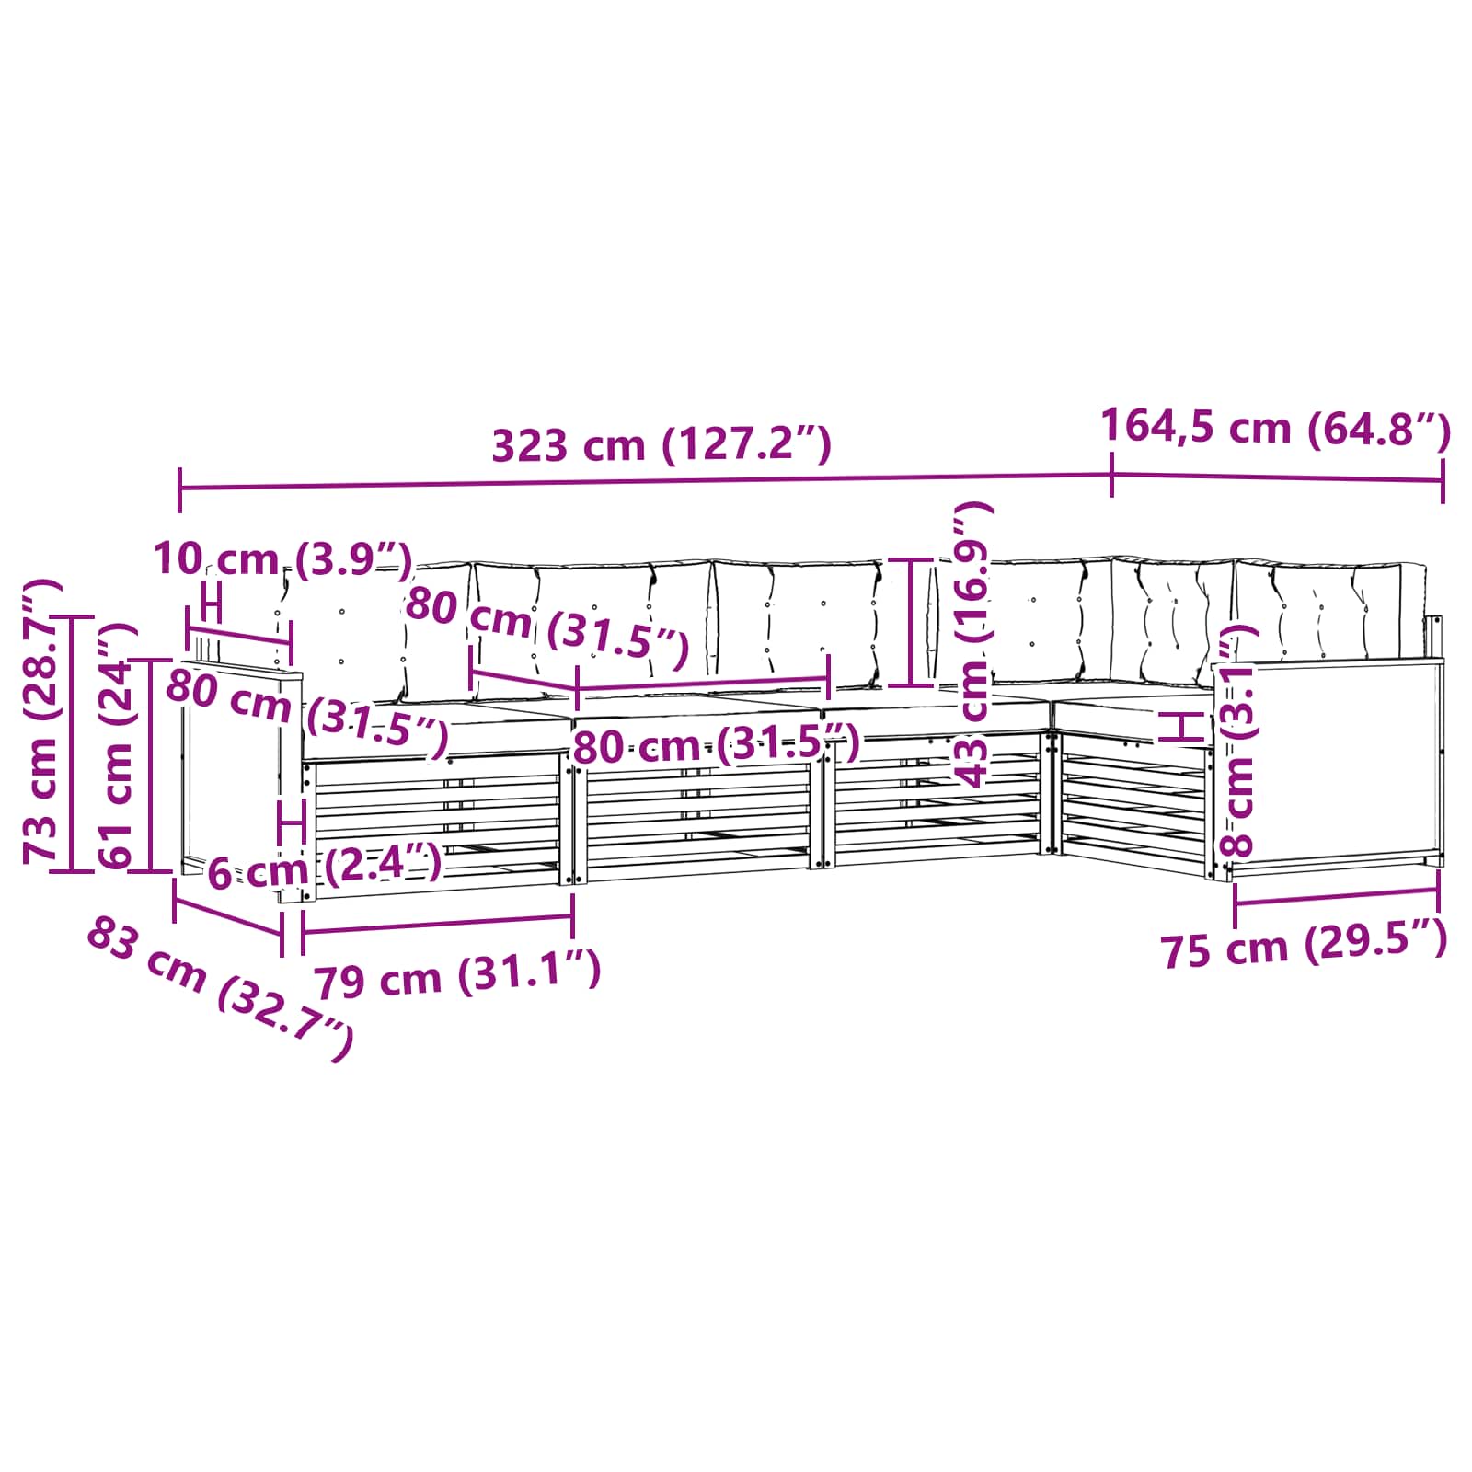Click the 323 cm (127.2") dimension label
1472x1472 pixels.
tap(661, 445)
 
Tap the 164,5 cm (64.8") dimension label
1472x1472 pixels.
tap(1276, 428)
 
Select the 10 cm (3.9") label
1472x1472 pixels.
tap(282, 559)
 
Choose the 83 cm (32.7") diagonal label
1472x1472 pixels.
tap(220, 989)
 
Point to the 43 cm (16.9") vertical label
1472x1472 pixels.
tap(972, 643)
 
